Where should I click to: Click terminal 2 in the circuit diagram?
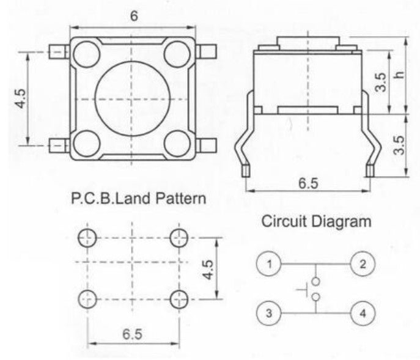coord(363,265)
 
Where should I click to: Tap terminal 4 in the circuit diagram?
coord(363,314)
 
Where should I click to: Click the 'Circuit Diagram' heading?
coord(316,221)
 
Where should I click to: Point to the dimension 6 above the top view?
coord(133,17)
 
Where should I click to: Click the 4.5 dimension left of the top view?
coord(20,99)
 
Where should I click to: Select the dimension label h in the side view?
coord(400,75)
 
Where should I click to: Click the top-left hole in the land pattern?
coord(87,237)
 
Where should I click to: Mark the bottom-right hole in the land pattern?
coord(179,298)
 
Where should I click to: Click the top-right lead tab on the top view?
coord(206,52)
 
